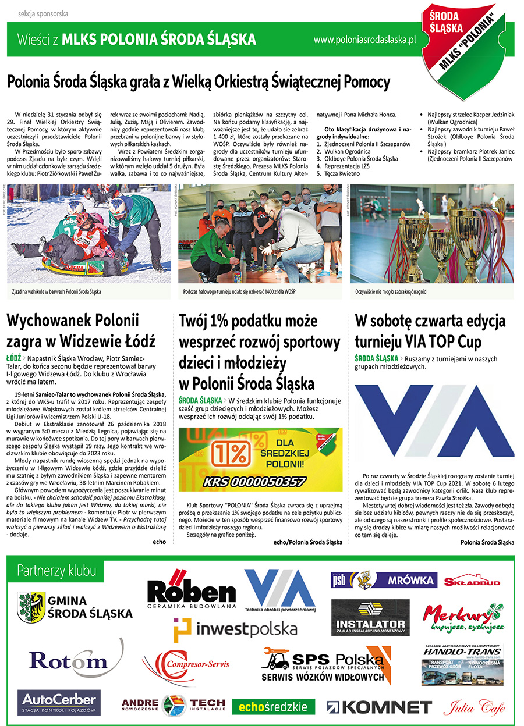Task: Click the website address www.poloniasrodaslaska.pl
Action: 364,40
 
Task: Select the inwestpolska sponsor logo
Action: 235,629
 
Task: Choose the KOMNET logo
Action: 379,707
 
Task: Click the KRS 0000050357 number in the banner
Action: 254,481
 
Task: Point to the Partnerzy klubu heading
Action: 56,569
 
